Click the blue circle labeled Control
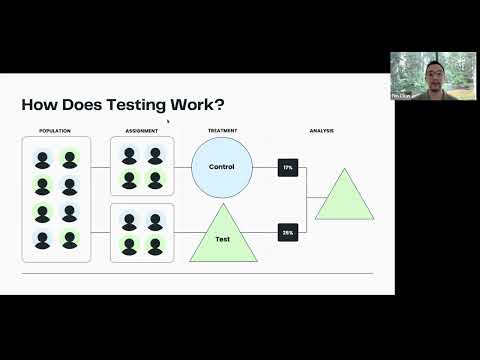[222, 167]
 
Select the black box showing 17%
[288, 167]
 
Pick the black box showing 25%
[288, 233]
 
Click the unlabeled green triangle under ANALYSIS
[344, 198]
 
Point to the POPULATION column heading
[55, 131]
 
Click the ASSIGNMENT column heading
[141, 131]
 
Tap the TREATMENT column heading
[222, 131]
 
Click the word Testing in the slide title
[124, 105]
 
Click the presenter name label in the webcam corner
[399, 96]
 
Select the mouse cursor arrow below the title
[168, 122]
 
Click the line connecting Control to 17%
[265, 167]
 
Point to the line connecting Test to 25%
[265, 233]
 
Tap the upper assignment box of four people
[142, 167]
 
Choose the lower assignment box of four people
[142, 233]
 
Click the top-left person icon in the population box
[42, 159]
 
